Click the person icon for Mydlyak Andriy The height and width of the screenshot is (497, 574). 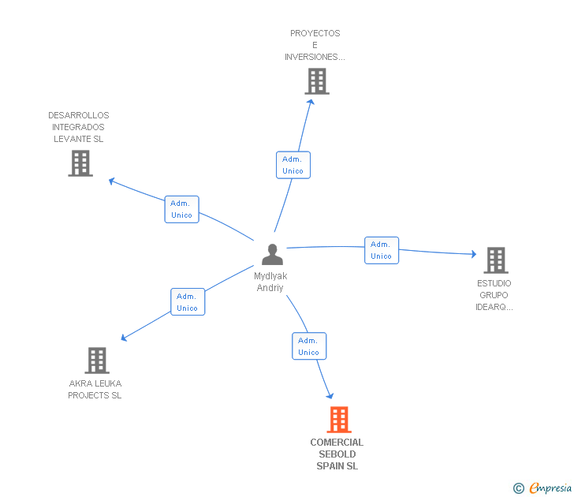(x=272, y=254)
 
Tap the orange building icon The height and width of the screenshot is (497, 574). (x=339, y=420)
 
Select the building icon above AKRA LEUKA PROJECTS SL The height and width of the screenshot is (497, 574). (x=97, y=361)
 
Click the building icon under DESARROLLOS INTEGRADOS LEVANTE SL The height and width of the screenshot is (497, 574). (x=80, y=163)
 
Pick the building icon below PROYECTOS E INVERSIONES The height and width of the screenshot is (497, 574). (x=317, y=81)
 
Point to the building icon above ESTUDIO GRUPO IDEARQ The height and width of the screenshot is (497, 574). (x=496, y=260)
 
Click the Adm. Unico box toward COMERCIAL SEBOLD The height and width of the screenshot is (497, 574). (x=309, y=346)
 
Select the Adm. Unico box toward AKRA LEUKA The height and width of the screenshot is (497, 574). (x=188, y=302)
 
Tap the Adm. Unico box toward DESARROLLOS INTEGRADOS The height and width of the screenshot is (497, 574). (x=181, y=209)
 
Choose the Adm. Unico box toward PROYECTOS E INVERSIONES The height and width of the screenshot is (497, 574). (x=293, y=165)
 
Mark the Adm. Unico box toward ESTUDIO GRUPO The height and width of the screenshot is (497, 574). (x=382, y=250)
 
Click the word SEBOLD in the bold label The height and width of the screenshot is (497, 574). (x=337, y=454)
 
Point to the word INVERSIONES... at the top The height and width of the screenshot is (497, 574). (x=315, y=57)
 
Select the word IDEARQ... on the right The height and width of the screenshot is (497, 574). (x=494, y=307)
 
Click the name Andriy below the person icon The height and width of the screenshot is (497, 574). (x=270, y=288)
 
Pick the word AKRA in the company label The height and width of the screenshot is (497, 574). (x=77, y=383)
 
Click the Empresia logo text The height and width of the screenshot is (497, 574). (x=550, y=488)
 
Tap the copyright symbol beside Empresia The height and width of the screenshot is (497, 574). (x=519, y=488)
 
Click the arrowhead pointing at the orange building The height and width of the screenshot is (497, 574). (x=330, y=395)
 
